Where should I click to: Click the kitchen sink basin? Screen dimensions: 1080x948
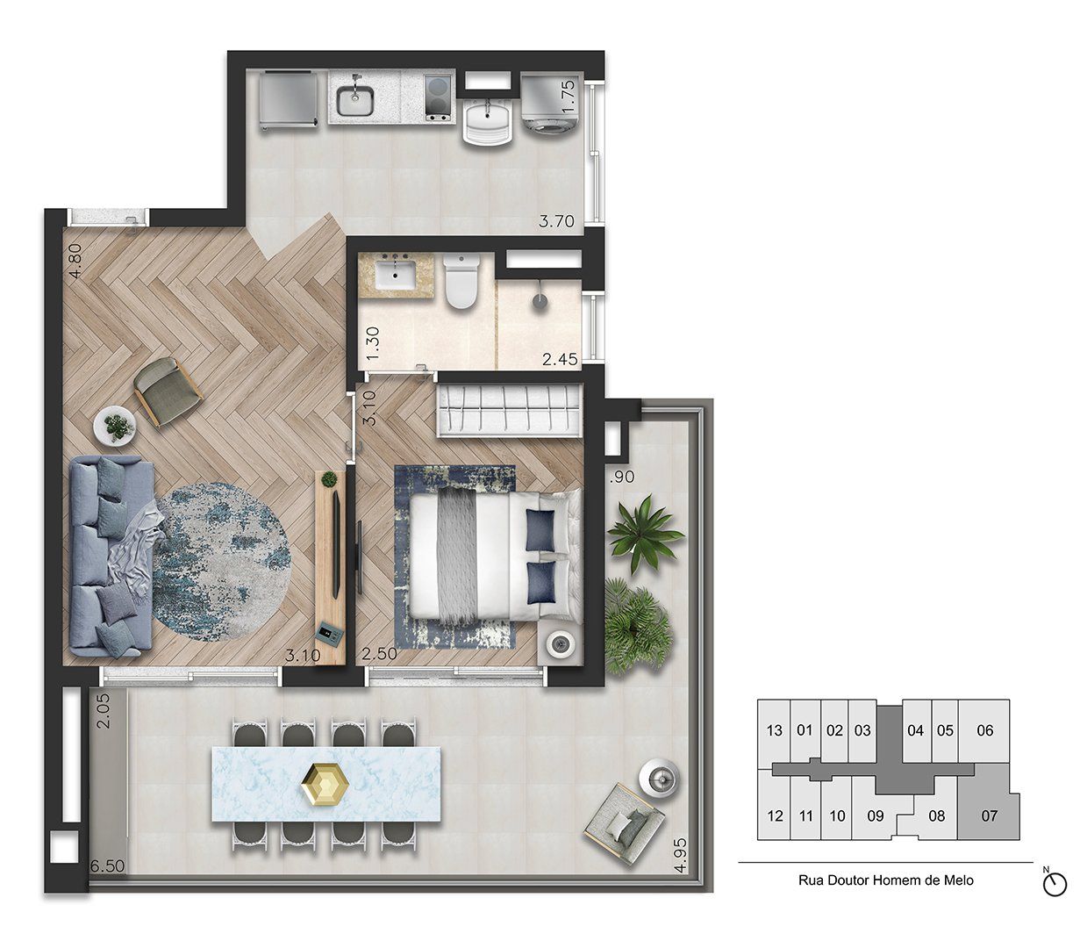click(x=354, y=100)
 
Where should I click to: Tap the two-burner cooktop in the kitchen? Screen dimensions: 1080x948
click(x=438, y=97)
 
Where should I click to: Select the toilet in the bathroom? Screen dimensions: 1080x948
click(x=461, y=281)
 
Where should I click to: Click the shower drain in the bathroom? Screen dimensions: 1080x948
click(x=540, y=301)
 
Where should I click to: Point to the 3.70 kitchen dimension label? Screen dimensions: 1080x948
click(x=556, y=221)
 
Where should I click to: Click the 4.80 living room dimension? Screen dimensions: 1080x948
click(x=75, y=261)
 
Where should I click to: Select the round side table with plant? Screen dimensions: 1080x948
click(x=115, y=425)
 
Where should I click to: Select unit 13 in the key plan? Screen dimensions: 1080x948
click(x=774, y=730)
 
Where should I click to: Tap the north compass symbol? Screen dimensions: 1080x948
click(x=1055, y=884)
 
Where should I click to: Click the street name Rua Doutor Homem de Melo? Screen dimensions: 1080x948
click(x=885, y=880)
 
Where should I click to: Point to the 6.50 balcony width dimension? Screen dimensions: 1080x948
click(x=107, y=865)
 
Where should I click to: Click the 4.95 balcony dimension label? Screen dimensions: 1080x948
click(x=680, y=855)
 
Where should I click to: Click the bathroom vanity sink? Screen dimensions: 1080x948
click(x=395, y=274)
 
